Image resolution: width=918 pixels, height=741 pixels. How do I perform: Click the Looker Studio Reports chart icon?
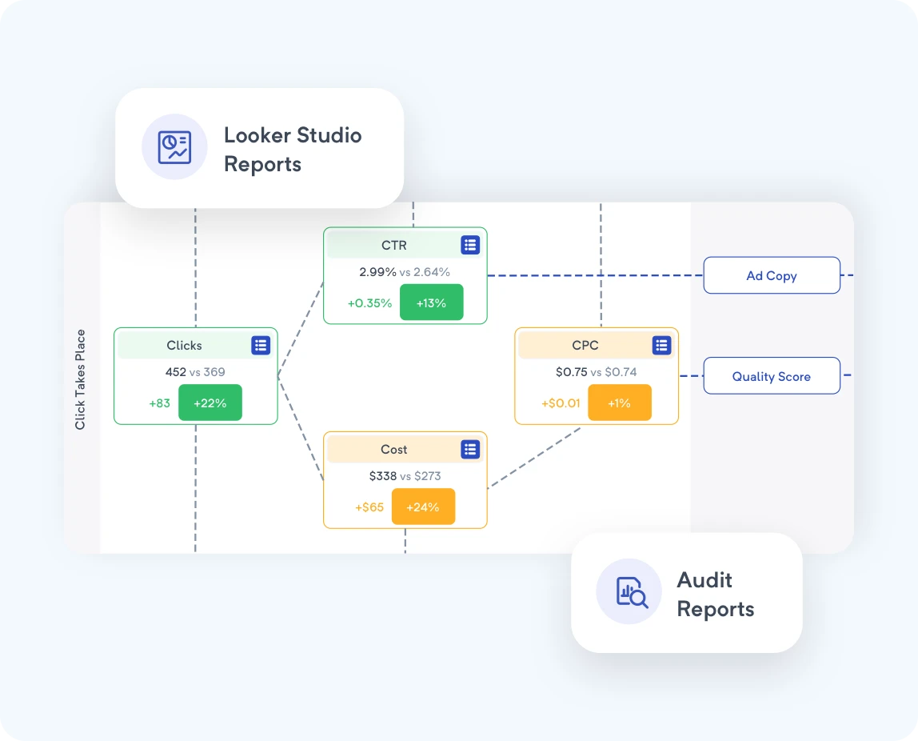pos(174,147)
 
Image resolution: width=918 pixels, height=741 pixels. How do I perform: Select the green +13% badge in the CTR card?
pos(431,302)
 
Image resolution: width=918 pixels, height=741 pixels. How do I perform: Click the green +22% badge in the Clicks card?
pos(210,403)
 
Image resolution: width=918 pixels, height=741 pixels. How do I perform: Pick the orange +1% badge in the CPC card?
pos(619,403)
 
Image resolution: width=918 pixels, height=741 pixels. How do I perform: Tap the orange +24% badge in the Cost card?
pos(423,507)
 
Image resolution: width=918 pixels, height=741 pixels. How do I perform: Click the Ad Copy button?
pos(771,275)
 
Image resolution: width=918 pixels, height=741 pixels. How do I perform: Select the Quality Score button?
pos(771,376)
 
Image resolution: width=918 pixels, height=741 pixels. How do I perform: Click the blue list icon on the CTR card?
pos(470,245)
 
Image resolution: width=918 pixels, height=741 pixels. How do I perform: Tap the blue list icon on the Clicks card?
pos(261,345)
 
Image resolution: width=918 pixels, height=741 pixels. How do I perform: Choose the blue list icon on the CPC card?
pos(661,345)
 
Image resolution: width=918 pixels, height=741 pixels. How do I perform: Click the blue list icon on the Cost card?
pos(470,449)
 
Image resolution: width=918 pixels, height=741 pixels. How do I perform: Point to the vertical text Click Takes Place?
pos(81,379)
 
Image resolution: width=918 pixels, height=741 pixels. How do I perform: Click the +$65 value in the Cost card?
pos(369,507)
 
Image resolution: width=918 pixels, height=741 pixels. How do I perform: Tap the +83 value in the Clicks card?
pos(160,403)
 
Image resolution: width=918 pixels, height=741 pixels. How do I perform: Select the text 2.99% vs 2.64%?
pos(405,272)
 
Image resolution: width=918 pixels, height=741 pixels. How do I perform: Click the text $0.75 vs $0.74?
pos(597,372)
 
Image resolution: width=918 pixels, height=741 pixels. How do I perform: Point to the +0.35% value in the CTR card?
pos(369,303)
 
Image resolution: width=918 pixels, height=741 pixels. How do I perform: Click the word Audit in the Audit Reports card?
pos(704,580)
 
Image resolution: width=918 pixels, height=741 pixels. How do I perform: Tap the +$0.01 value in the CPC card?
pos(561,403)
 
